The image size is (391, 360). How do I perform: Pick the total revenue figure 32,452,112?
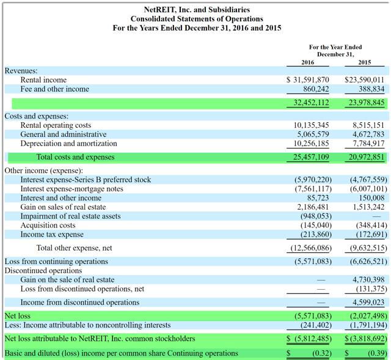[310, 103]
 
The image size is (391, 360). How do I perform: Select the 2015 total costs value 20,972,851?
[365, 157]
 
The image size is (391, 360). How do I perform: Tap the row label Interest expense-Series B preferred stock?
[86, 180]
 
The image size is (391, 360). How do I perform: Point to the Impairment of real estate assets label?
[70, 216]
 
